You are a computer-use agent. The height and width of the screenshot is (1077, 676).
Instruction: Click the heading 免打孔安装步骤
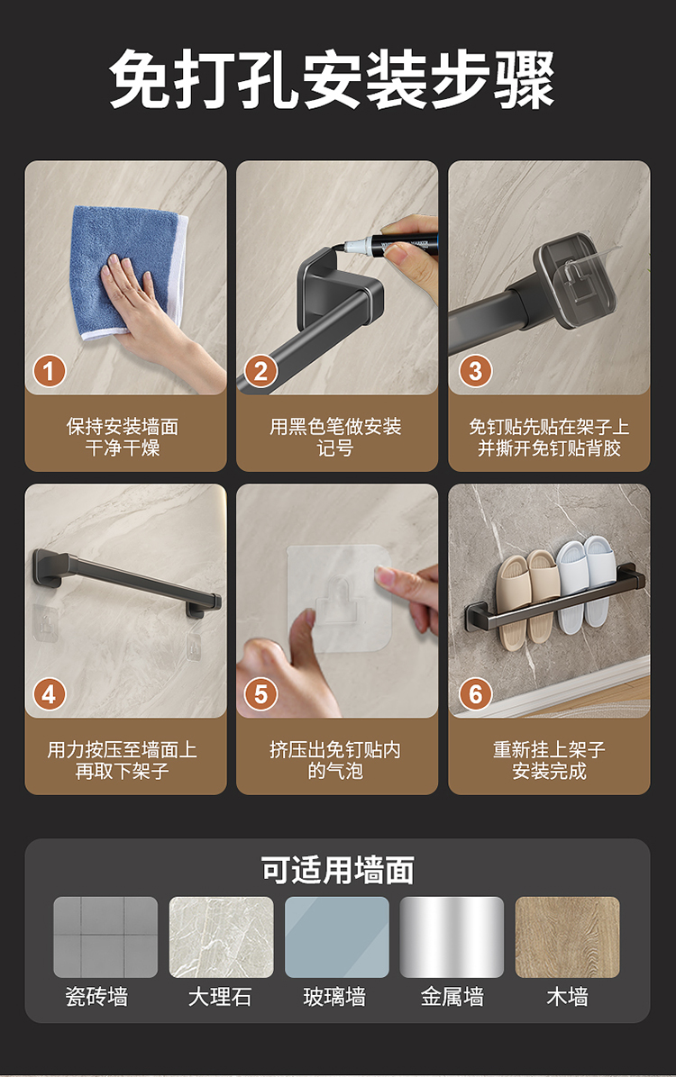tap(332, 79)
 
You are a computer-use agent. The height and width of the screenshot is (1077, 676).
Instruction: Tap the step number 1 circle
tap(50, 371)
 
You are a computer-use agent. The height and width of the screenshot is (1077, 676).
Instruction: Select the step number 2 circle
tap(260, 371)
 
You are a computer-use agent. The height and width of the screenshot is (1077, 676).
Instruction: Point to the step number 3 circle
tap(475, 371)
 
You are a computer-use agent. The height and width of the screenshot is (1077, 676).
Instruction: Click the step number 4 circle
tap(50, 694)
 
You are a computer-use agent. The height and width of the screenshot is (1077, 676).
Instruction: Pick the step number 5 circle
tap(260, 694)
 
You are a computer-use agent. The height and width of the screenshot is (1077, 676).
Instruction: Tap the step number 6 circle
tap(475, 694)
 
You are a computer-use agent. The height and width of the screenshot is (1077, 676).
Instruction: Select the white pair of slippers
tap(586, 583)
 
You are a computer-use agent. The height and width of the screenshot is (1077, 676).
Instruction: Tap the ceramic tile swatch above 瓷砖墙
tap(105, 937)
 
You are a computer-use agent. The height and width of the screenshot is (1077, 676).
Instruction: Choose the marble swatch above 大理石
tap(222, 937)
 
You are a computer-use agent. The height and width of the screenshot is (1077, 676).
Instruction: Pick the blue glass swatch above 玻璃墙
tap(337, 937)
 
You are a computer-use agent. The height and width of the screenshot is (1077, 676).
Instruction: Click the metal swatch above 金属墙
tap(452, 937)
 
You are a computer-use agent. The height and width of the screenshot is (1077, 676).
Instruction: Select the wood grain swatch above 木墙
tap(567, 937)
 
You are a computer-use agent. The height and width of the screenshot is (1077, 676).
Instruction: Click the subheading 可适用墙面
tap(337, 870)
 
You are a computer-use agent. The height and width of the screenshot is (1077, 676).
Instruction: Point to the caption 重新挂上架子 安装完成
tap(549, 760)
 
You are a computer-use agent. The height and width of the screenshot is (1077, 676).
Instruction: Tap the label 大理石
tap(220, 997)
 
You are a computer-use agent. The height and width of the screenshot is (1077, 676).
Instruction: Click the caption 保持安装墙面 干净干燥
tap(123, 437)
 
